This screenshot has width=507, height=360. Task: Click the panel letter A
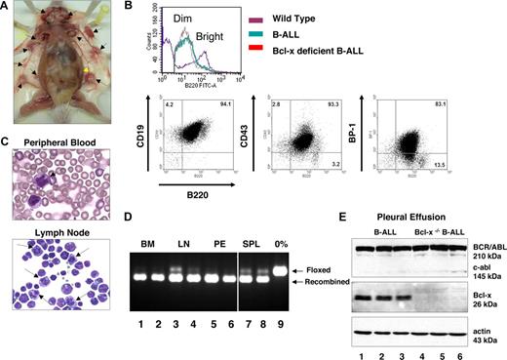click(8, 9)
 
